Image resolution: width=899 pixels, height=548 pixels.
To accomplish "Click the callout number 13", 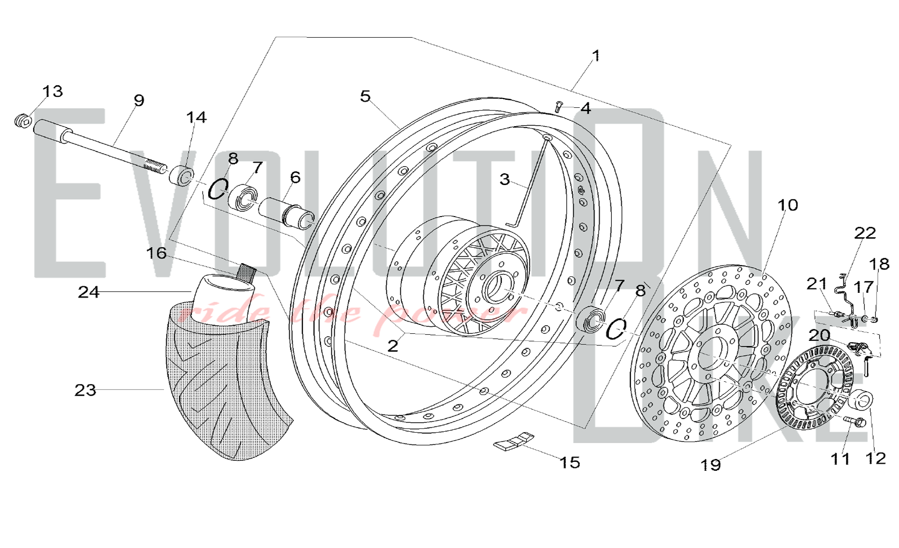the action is [x=53, y=91].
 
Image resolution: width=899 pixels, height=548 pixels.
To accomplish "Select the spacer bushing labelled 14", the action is [x=182, y=175].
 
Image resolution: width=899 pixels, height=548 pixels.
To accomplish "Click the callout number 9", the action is [x=139, y=100].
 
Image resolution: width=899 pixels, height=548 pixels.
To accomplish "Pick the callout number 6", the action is [x=295, y=177].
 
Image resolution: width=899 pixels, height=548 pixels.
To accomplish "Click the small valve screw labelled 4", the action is [x=559, y=106].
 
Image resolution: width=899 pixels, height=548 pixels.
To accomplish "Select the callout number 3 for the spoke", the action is [x=504, y=179].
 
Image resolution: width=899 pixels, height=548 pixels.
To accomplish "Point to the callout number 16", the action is [x=156, y=253].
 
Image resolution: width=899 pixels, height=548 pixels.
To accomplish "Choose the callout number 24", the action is [x=89, y=292].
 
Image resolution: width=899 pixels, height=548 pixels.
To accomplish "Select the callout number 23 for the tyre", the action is [x=85, y=390].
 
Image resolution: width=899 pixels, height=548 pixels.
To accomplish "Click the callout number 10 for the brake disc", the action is [x=788, y=205].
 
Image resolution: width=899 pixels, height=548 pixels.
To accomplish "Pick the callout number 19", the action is [x=711, y=465].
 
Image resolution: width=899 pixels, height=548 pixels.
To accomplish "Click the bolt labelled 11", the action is [x=854, y=421].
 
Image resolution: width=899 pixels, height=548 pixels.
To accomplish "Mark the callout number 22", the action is [x=865, y=233].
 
